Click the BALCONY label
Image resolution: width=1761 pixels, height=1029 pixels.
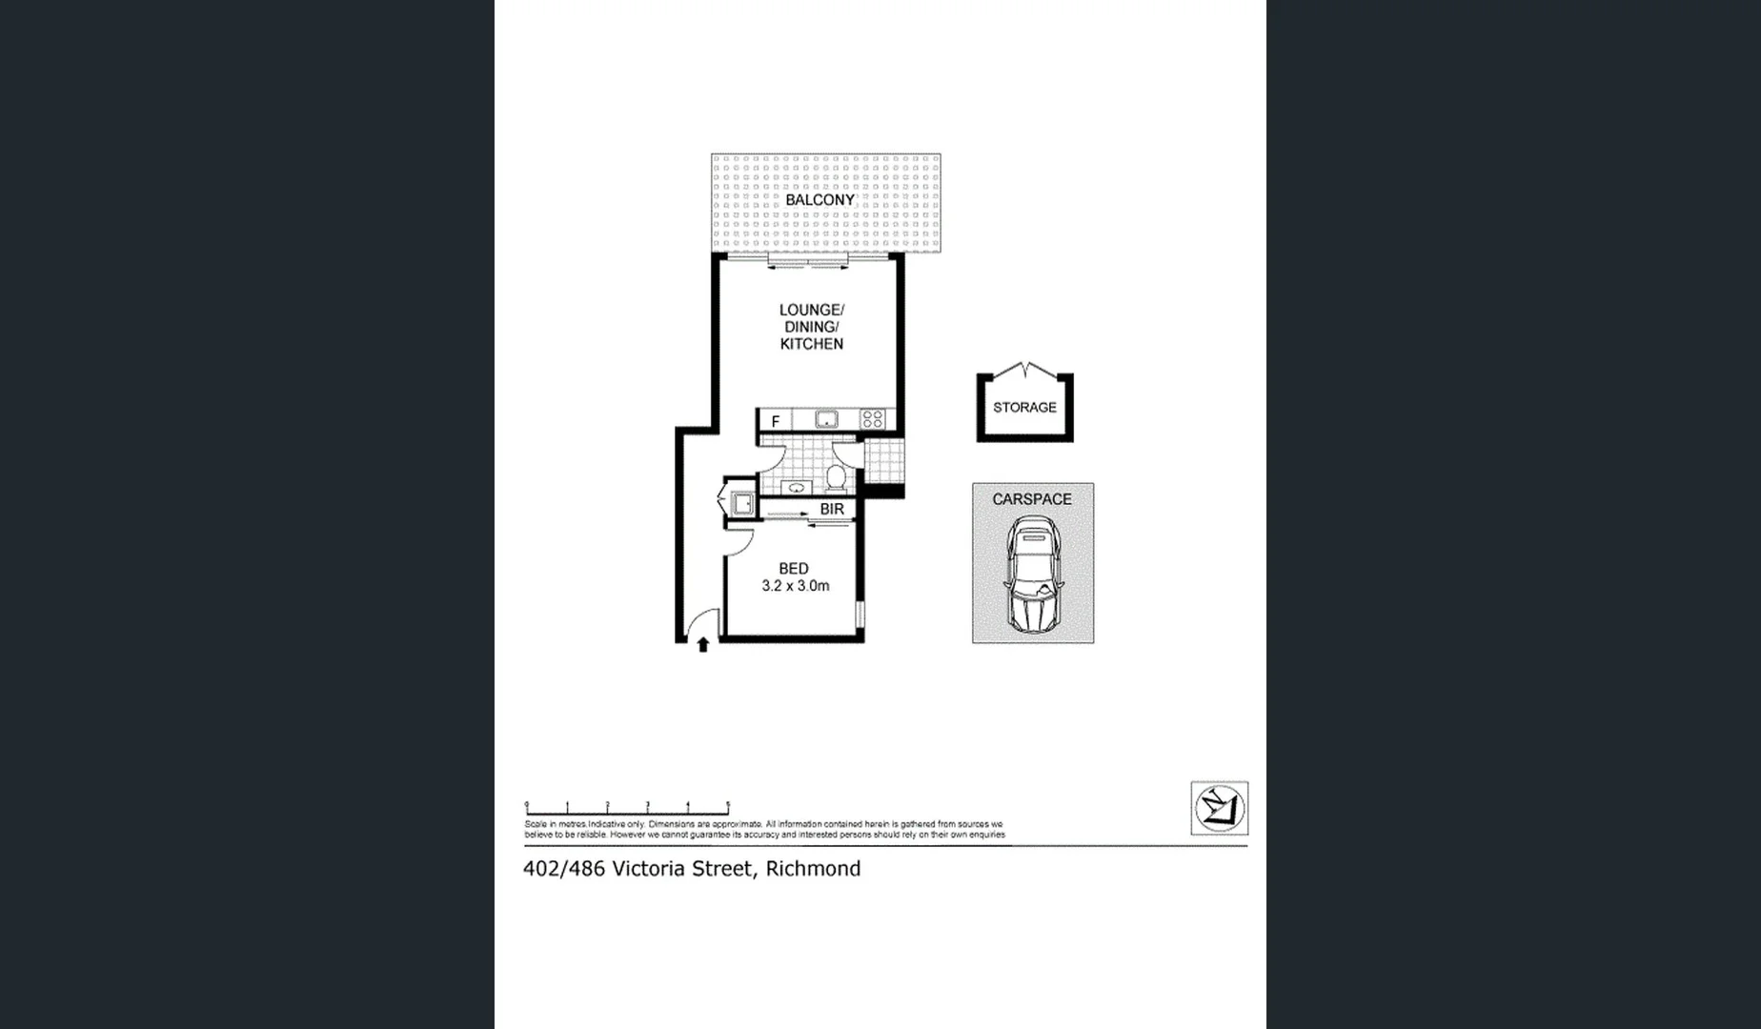point(820,200)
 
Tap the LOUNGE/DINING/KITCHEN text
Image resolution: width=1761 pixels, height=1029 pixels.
point(811,327)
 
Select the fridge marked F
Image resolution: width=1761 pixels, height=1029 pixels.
point(776,421)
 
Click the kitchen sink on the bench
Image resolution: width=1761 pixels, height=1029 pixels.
point(825,419)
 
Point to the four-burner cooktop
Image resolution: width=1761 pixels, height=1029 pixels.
point(872,419)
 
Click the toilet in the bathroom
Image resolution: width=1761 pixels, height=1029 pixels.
point(836,475)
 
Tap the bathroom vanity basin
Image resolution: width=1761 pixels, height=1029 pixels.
point(796,488)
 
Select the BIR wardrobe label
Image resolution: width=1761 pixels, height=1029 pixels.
point(832,509)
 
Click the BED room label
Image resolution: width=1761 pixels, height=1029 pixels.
point(794,568)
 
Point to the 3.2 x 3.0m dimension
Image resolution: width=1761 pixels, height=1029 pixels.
point(796,586)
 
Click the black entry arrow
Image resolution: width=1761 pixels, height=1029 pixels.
point(703,644)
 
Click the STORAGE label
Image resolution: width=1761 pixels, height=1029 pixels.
point(1024,407)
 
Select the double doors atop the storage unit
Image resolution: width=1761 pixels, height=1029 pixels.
point(1024,369)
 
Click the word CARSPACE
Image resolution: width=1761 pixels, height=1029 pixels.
point(1032,498)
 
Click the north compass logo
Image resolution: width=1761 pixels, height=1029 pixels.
point(1219,808)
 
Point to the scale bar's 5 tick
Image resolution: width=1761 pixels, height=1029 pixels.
point(728,807)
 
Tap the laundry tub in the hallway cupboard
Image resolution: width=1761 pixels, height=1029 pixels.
point(741,504)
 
